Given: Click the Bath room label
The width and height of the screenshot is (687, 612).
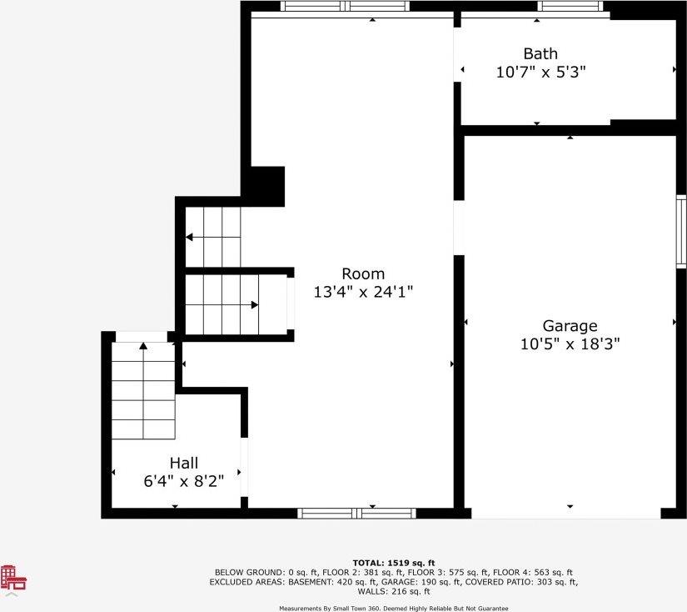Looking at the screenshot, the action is (540, 53).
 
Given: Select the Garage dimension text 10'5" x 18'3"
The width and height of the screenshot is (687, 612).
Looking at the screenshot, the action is (570, 344).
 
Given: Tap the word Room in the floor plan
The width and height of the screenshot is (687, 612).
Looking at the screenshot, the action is (363, 273).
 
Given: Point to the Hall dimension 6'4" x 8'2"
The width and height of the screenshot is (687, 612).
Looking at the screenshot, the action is (183, 481).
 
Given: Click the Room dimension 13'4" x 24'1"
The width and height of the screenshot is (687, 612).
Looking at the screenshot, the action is (363, 292).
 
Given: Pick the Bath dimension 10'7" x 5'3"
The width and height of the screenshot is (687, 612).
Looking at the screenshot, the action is (540, 72).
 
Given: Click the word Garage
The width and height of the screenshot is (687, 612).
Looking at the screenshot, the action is (570, 326).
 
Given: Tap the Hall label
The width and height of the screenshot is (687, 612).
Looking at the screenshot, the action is (184, 463).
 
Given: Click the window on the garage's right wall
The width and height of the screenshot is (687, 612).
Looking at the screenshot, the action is (681, 231).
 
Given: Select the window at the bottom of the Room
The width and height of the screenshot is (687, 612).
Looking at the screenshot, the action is (356, 514).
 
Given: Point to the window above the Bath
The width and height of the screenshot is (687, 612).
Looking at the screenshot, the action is (570, 6).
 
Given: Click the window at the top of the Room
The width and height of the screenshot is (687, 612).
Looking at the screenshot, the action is (345, 6).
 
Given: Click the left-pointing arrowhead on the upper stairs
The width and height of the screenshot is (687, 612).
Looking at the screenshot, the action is (189, 238).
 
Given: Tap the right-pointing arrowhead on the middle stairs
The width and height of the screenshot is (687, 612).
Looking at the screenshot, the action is (255, 305).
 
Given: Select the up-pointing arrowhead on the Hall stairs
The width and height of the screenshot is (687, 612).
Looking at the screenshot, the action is (143, 346).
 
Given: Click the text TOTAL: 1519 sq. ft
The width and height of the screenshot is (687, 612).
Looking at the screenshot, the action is (394, 563).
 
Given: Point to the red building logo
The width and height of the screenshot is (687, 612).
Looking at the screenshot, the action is (13, 577).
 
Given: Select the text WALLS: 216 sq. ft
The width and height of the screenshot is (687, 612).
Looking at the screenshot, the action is (394, 591).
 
